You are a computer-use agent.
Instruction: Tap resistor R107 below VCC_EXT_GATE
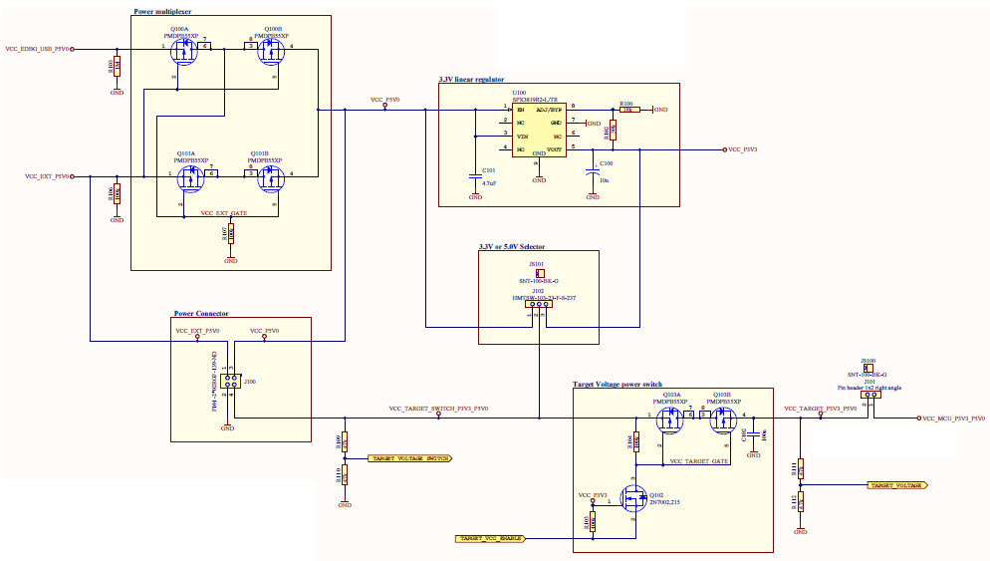pyautogui.click(x=231, y=234)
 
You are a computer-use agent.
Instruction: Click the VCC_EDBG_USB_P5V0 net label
pyautogui.click(x=38, y=48)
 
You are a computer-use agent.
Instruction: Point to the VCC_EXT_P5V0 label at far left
pyautogui.click(x=47, y=176)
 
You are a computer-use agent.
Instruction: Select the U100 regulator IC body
pyautogui.click(x=538, y=129)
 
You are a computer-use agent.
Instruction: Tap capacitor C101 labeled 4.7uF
pyautogui.click(x=475, y=176)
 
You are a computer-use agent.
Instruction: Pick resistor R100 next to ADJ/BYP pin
pyautogui.click(x=627, y=110)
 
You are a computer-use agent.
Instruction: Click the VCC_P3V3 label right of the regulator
pyautogui.click(x=743, y=149)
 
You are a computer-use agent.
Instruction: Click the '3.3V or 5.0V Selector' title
pyautogui.click(x=511, y=246)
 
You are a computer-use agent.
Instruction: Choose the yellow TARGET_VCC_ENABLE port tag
pyautogui.click(x=490, y=538)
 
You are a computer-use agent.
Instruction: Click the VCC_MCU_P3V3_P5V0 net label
pyautogui.click(x=953, y=419)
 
